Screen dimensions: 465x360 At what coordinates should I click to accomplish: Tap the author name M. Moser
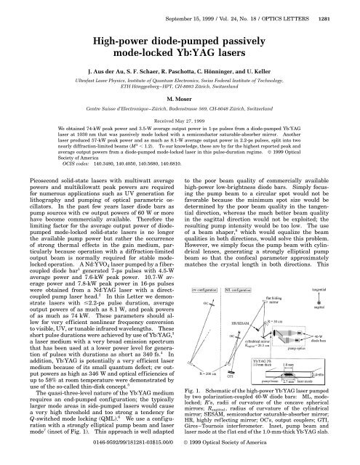[x=179, y=100]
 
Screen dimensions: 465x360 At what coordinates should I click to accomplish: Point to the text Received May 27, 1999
[x=180, y=121]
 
